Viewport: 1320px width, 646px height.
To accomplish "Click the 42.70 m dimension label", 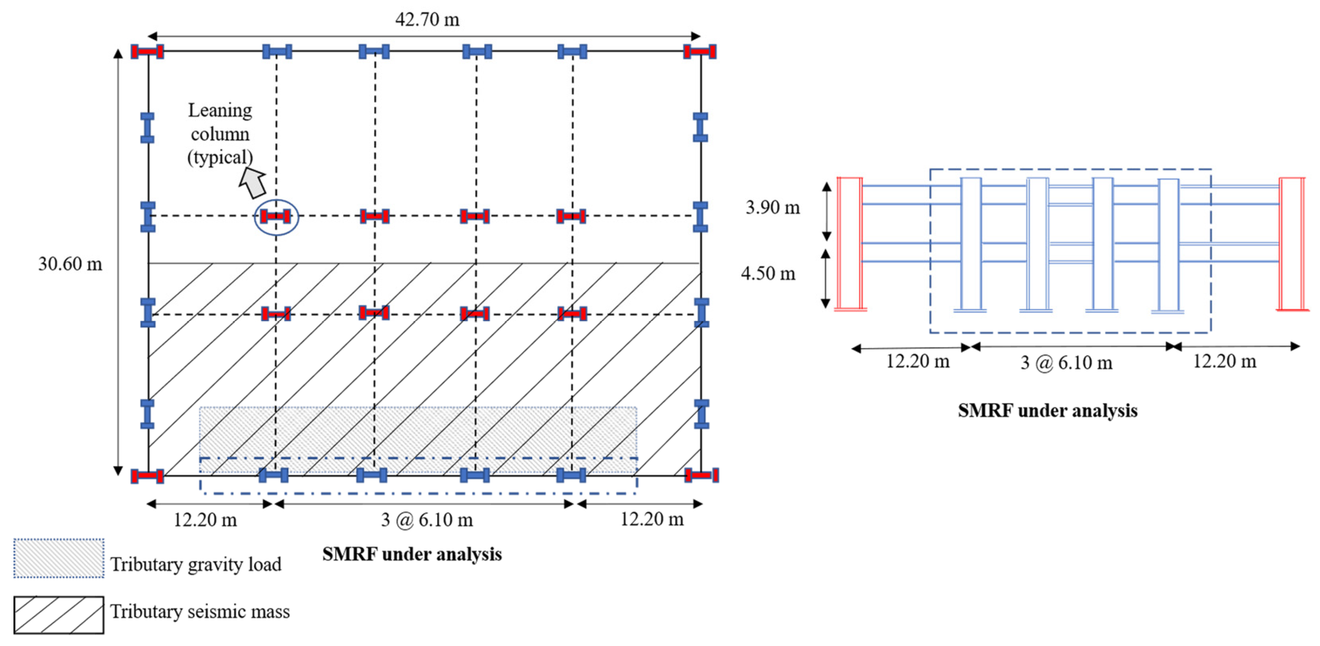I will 427,19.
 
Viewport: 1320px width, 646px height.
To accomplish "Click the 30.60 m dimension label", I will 70,264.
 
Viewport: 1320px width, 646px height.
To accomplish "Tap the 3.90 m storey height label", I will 772,207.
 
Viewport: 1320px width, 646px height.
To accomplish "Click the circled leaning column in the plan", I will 276,217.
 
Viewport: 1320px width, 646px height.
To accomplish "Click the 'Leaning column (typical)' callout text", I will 220,134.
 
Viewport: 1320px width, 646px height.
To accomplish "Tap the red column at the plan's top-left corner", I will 147,51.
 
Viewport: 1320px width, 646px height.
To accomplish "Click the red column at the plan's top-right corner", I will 699,51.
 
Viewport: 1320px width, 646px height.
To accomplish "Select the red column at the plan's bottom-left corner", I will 147,476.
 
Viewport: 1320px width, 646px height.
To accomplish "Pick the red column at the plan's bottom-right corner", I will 701,476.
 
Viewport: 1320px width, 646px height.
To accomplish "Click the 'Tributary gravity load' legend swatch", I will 59,558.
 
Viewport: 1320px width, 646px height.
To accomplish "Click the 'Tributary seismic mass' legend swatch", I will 59,615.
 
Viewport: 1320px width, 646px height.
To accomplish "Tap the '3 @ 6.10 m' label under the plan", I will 426,520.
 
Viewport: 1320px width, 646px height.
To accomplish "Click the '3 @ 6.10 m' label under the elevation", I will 1066,363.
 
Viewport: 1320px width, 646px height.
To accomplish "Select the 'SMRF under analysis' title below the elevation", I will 1048,411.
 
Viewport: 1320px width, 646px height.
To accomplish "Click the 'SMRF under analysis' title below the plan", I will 412,554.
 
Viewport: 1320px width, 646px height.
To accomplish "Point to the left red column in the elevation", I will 850,243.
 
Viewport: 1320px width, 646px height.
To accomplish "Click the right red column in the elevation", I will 1291,243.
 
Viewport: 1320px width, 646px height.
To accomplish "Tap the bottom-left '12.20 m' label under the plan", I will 205,520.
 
